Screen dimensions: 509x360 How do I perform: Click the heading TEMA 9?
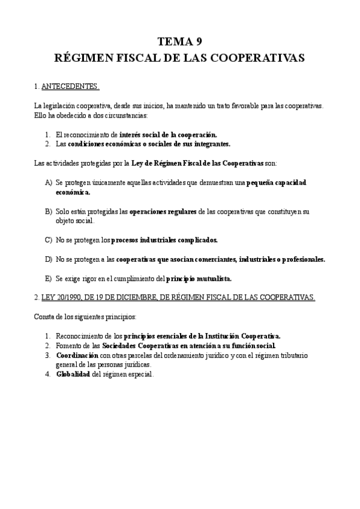coord(179,41)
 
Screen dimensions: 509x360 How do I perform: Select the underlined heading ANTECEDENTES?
coord(70,87)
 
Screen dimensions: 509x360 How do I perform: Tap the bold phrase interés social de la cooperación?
coord(168,134)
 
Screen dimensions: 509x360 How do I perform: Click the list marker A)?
coord(49,182)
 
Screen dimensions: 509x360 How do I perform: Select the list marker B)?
coord(49,212)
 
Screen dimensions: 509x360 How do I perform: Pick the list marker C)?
coord(49,240)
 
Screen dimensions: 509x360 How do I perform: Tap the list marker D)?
coord(49,259)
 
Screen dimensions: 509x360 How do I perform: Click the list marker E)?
coord(49,279)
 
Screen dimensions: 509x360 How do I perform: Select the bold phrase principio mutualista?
coord(199,279)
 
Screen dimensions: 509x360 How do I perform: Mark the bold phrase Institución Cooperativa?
coord(247,336)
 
